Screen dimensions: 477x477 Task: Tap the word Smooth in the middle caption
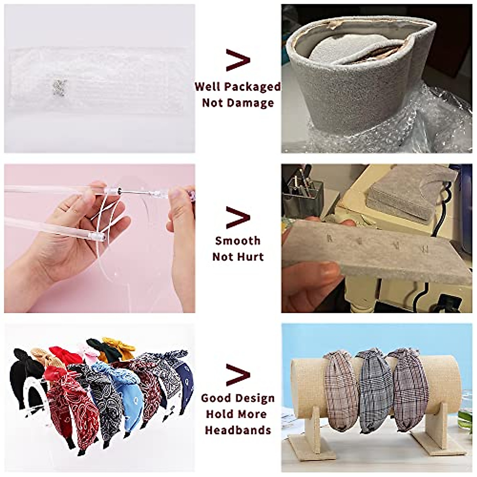coord(238,241)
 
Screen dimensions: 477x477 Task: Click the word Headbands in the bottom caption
coord(238,430)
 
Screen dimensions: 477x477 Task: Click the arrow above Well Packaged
coord(238,60)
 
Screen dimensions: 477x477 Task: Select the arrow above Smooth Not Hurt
coord(238,217)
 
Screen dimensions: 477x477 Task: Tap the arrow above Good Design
coord(238,374)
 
